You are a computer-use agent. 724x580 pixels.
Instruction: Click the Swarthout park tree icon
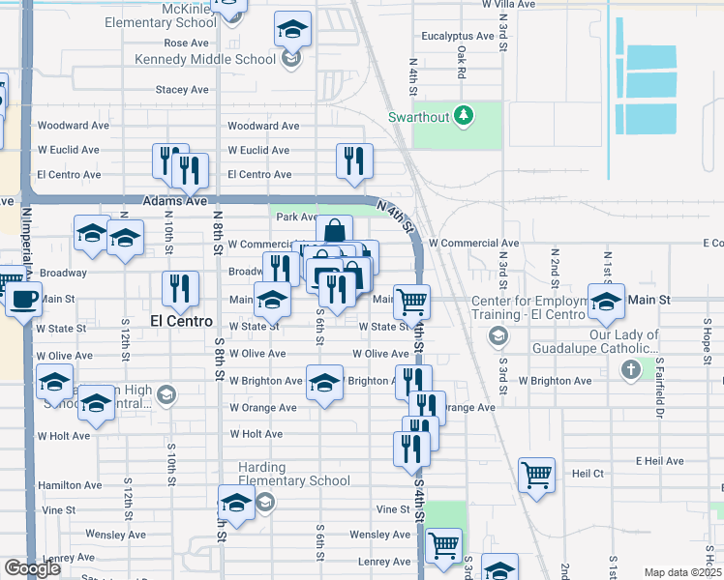[465, 116]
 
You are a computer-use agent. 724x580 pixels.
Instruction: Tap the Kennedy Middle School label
[205, 59]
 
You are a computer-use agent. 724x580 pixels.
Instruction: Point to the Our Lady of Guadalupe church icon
[630, 368]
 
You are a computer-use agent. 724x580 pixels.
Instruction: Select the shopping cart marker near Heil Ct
[536, 475]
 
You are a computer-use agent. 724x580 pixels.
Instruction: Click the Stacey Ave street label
[182, 90]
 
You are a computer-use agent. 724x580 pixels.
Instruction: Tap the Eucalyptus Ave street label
[458, 36]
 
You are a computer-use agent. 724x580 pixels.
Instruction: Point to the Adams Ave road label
[175, 201]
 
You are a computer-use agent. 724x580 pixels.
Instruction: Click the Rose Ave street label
[186, 43]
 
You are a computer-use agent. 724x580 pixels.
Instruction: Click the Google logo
[32, 568]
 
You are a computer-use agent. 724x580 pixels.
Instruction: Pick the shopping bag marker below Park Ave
[334, 232]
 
